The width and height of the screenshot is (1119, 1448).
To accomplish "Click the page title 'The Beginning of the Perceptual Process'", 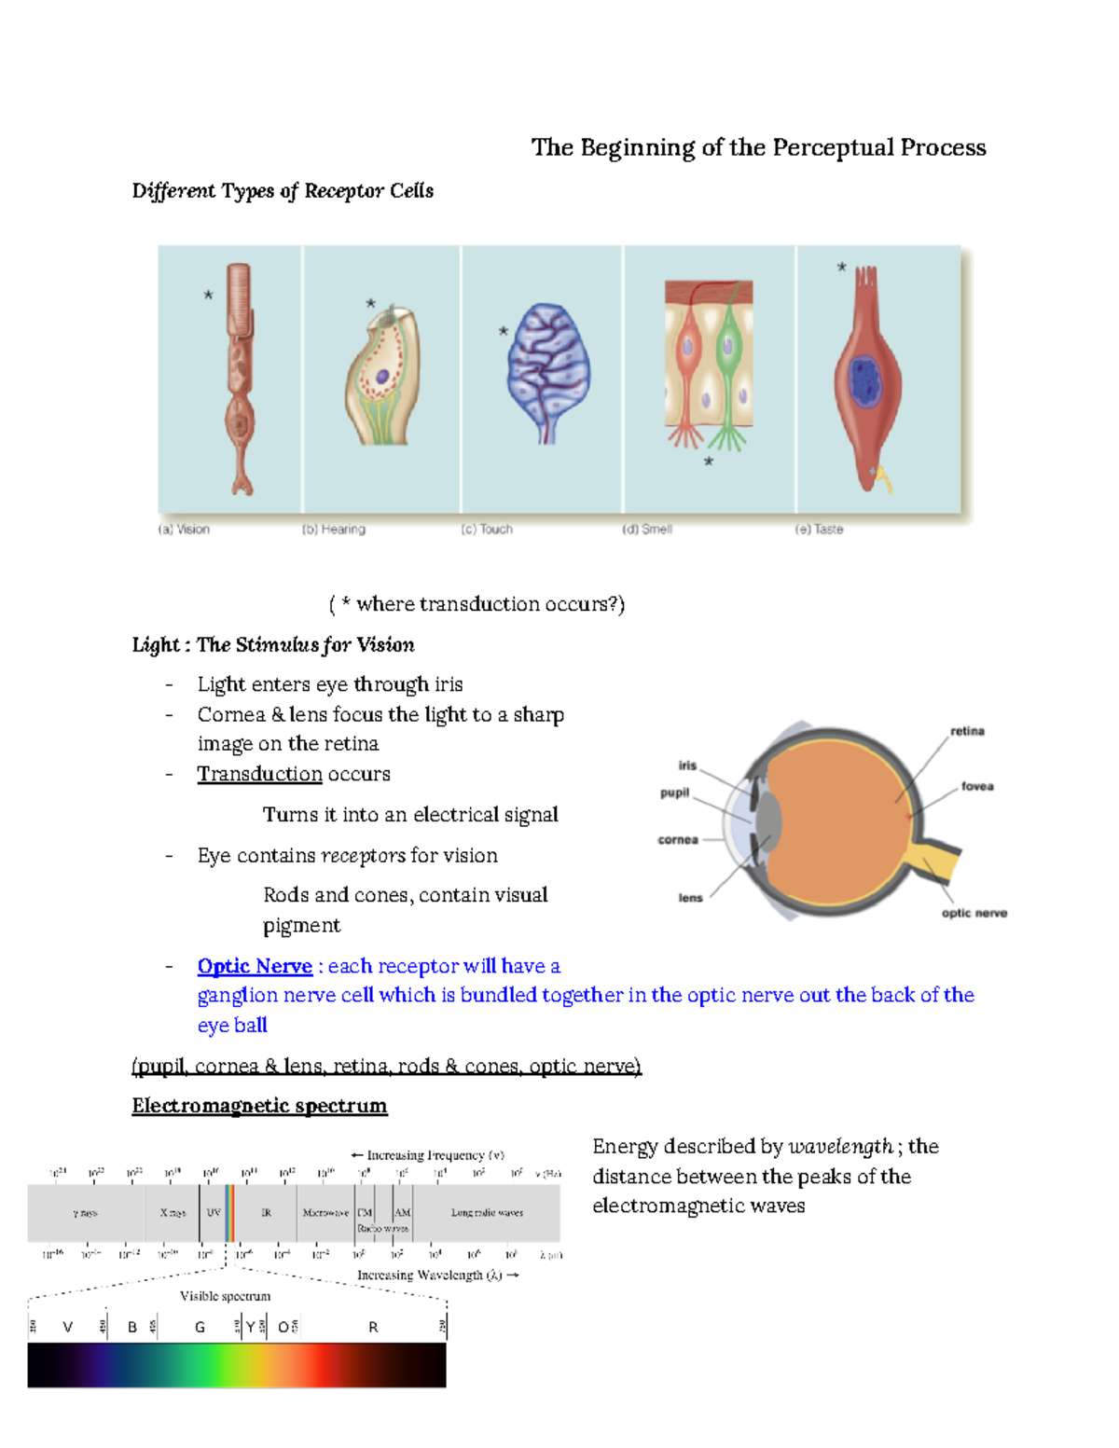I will click(758, 147).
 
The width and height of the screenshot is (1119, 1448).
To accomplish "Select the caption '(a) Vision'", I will click(184, 529).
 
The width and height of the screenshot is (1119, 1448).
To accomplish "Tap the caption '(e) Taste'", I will click(819, 529).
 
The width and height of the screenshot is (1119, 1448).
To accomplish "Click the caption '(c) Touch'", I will click(487, 529).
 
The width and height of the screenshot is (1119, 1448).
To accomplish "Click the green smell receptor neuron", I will click(727, 354).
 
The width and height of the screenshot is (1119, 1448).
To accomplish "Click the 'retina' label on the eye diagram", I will click(967, 731).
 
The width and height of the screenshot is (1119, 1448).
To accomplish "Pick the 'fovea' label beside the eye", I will click(977, 786).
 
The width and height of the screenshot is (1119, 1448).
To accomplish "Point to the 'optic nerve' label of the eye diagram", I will click(974, 913).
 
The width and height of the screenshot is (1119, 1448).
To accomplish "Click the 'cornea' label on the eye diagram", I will click(678, 839).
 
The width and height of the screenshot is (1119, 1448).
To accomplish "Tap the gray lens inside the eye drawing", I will click(768, 820).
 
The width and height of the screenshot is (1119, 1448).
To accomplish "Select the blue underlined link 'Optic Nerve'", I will click(255, 966).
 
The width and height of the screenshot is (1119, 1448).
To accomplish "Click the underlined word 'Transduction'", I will click(259, 774).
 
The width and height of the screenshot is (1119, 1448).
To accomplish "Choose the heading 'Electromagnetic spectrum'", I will click(259, 1106).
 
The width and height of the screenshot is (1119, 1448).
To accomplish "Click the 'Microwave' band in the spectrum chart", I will click(325, 1212).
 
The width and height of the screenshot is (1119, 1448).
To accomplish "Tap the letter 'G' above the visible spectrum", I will click(200, 1327).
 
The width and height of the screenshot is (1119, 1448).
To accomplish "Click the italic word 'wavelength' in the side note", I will click(840, 1147).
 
